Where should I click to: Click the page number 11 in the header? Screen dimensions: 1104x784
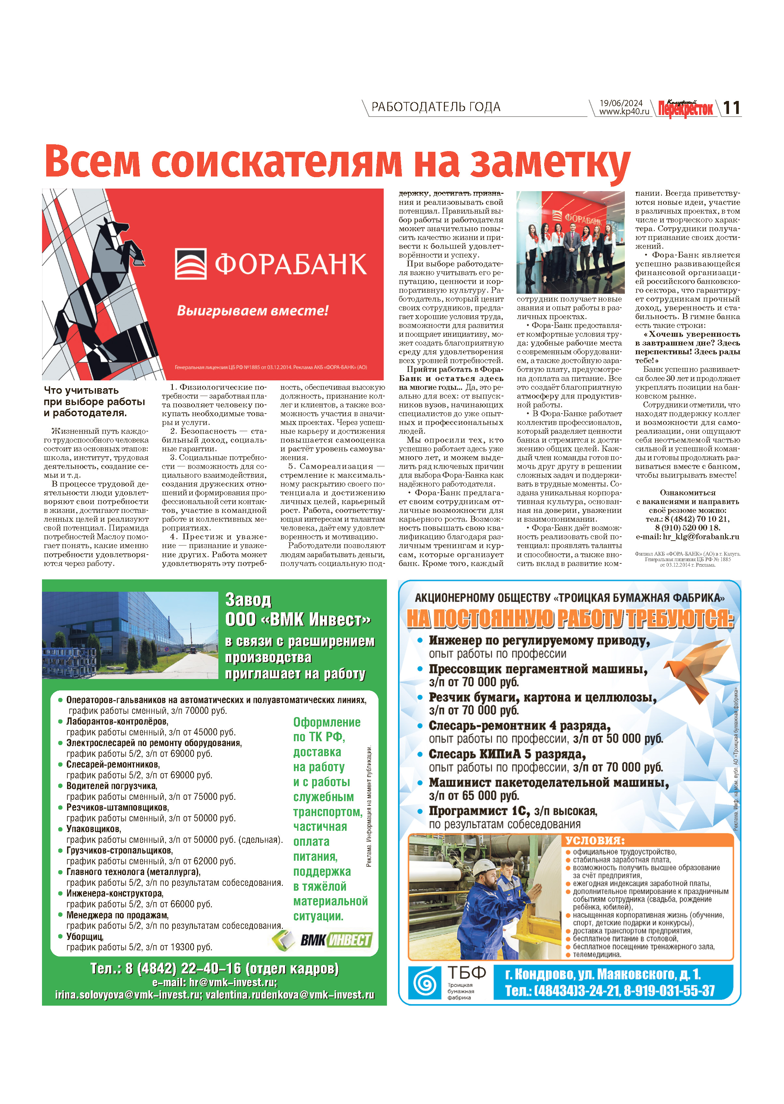pyautogui.click(x=731, y=108)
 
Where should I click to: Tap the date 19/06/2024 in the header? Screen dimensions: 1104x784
pyautogui.click(x=621, y=103)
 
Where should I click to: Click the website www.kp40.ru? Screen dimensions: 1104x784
pyautogui.click(x=624, y=112)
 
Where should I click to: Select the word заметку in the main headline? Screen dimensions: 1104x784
pyautogui.click(x=550, y=162)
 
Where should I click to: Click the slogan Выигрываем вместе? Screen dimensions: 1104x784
pyautogui.click(x=253, y=311)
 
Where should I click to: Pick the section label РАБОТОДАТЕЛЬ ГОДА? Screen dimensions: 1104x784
pyautogui.click(x=435, y=107)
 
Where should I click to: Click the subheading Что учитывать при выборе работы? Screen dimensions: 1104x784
pyautogui.click(x=94, y=401)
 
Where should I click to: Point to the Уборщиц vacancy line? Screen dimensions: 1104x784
pyautogui.click(x=85, y=936)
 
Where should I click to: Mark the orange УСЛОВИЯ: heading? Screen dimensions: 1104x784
pyautogui.click(x=595, y=840)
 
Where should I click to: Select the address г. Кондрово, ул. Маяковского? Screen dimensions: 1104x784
pyautogui.click(x=602, y=974)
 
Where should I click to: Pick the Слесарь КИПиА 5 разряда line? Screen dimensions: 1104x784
pyautogui.click(x=507, y=754)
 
